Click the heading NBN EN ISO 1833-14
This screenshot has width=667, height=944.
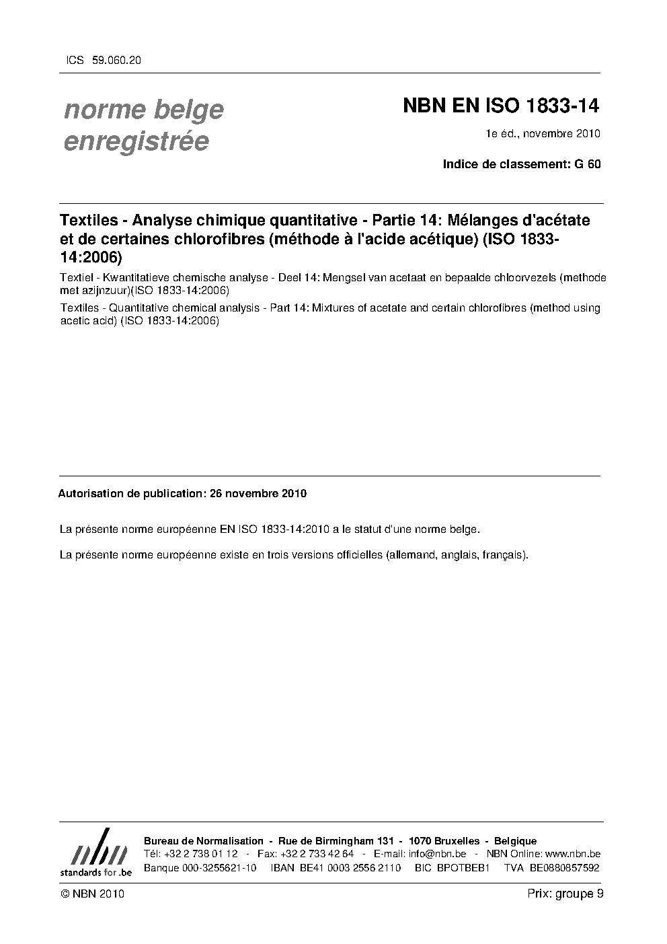click(500, 107)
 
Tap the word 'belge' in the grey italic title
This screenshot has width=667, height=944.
click(190, 110)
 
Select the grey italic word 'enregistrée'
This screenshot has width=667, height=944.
click(136, 142)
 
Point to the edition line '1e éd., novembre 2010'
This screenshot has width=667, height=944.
click(543, 133)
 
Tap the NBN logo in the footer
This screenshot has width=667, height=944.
click(95, 852)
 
